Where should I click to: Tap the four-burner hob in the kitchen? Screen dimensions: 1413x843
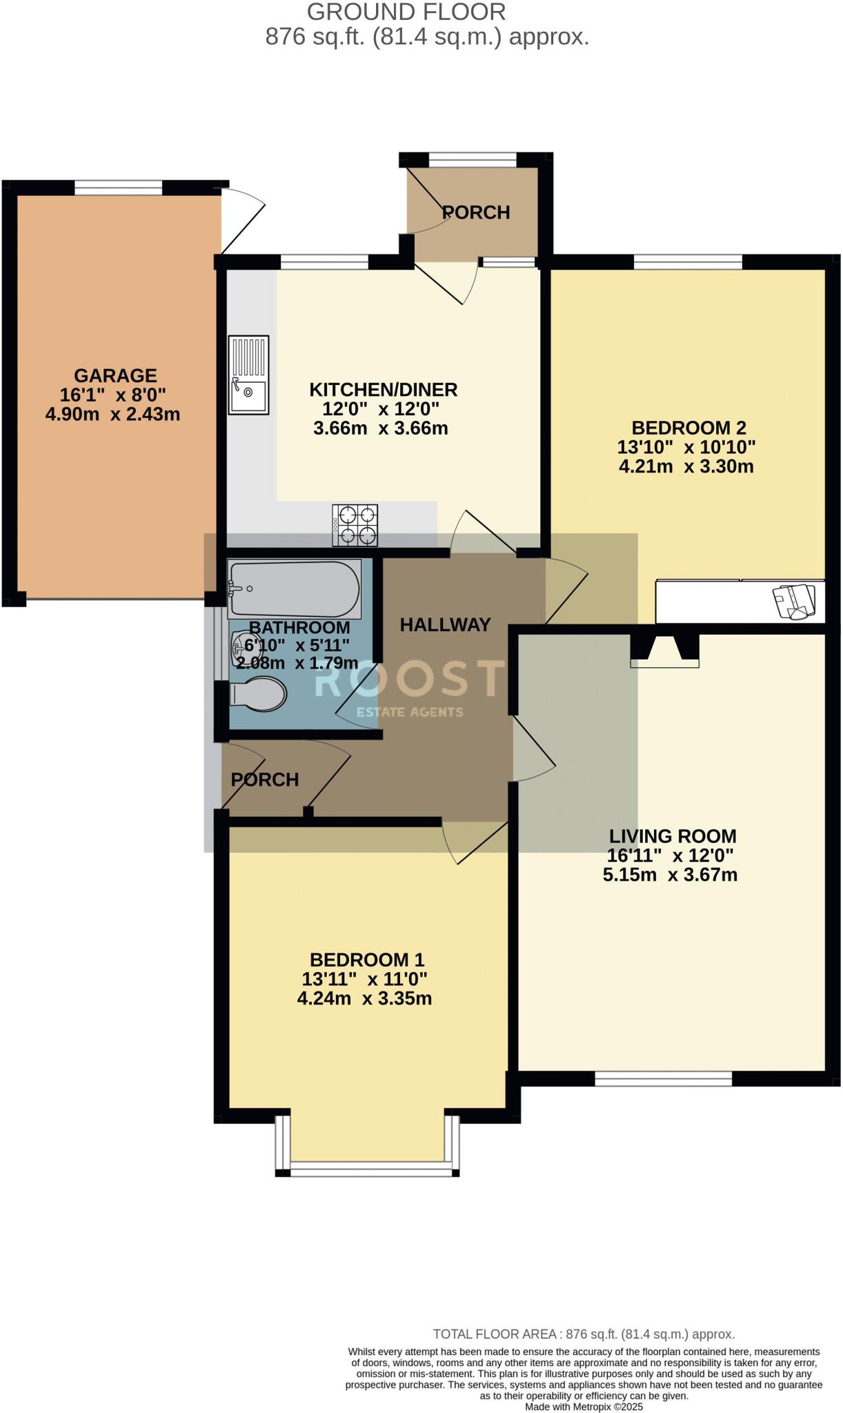pos(355,525)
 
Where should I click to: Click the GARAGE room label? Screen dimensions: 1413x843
pos(115,376)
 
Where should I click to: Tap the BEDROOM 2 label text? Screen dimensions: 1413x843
pos(688,428)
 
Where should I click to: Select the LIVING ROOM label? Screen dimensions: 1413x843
pos(673,836)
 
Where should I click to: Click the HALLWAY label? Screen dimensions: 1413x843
pos(445,624)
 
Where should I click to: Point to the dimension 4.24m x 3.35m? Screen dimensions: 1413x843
pos(364,998)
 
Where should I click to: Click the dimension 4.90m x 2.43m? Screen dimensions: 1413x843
pos(112,415)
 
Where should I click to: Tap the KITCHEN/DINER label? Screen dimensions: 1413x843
pos(383,390)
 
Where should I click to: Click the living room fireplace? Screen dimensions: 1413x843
pos(665,651)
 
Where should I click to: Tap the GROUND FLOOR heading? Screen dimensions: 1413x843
pos(406,12)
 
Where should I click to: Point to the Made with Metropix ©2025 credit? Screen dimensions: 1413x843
pos(584,1407)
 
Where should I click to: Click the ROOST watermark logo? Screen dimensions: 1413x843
pos(410,680)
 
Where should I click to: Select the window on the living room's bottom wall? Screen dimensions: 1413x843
pos(663,1079)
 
